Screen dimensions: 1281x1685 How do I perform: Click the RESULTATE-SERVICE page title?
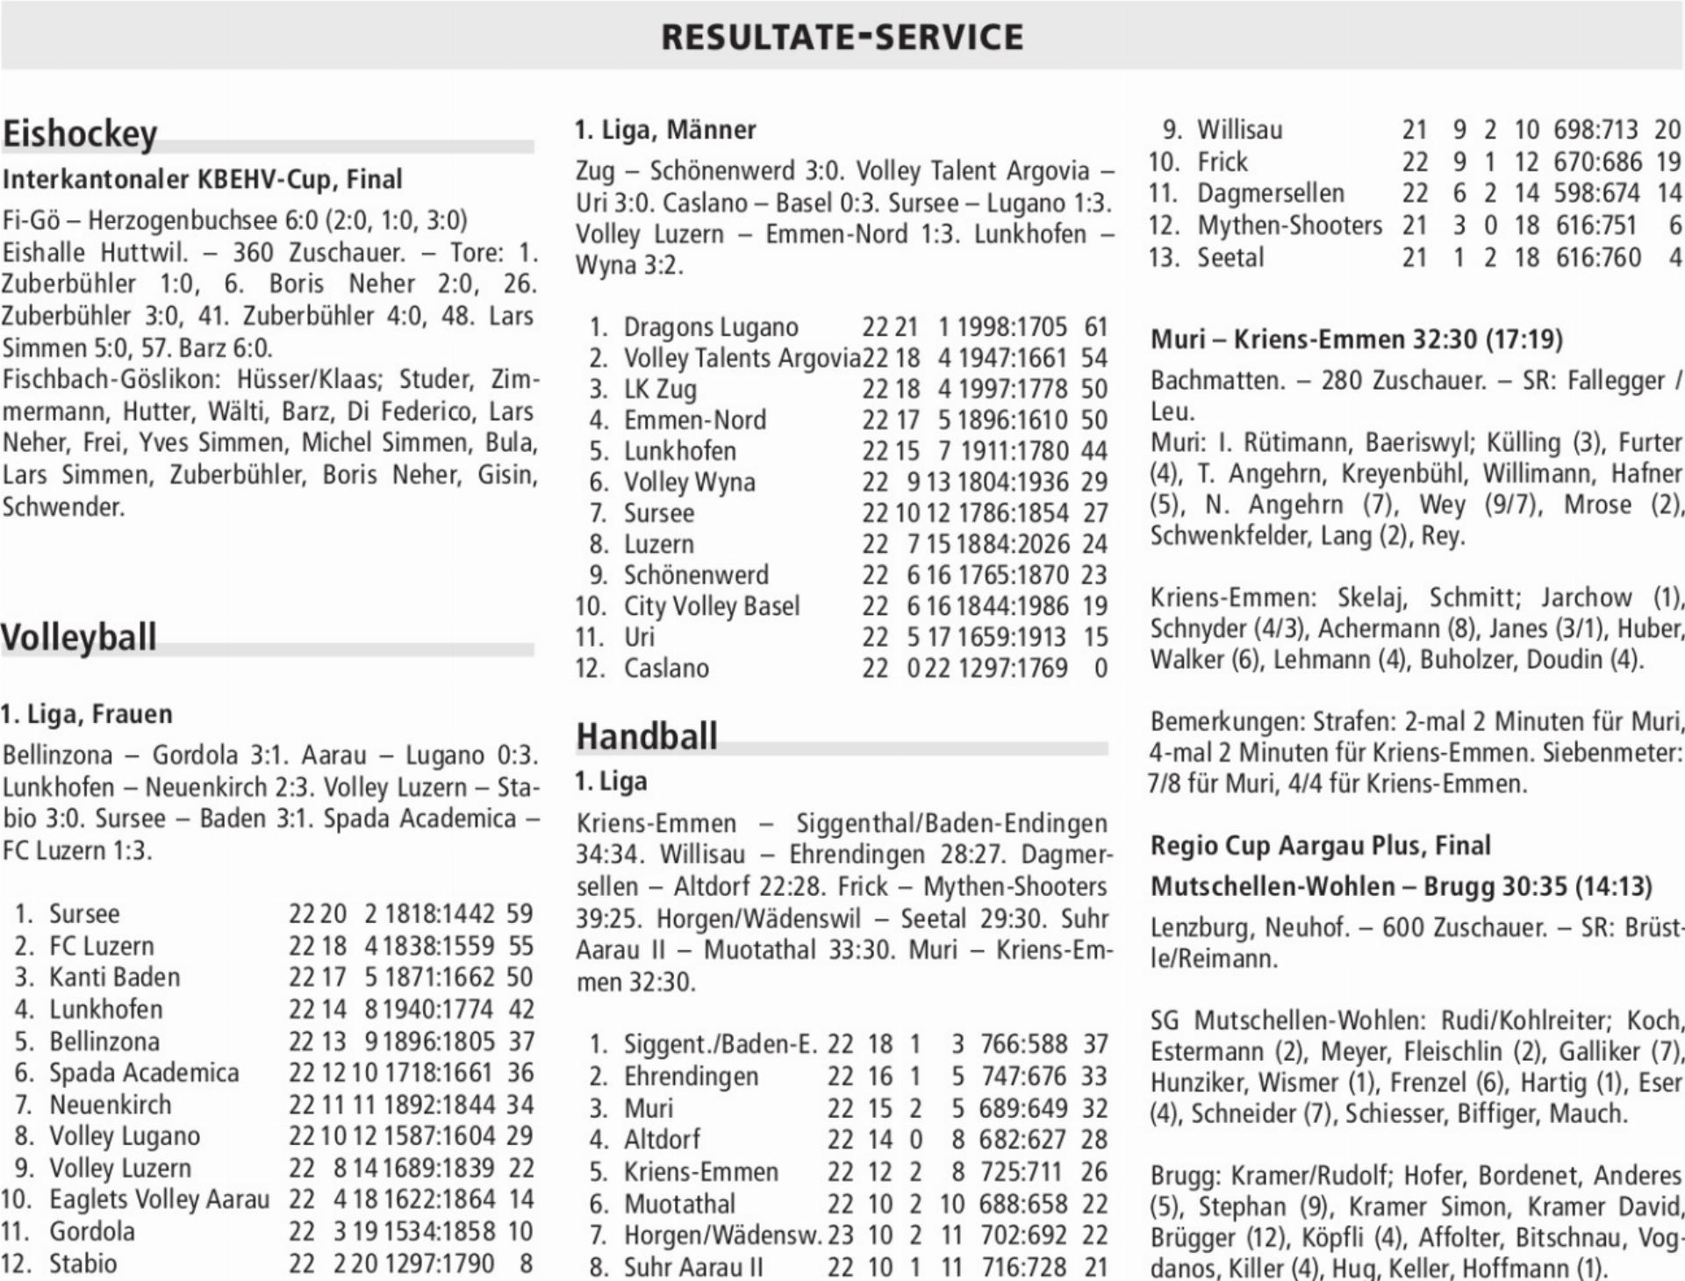842,37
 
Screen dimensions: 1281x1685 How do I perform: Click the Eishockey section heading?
80,134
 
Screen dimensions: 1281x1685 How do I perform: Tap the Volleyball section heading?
79,637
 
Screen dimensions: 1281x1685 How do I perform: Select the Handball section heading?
647,736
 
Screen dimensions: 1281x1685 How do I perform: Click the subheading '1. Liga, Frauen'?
86,714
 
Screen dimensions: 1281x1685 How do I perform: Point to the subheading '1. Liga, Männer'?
665,130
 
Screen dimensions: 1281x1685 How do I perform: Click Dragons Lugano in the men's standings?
710,327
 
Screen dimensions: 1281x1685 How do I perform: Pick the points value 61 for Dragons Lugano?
1095,327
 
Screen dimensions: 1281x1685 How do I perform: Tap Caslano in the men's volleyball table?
665,669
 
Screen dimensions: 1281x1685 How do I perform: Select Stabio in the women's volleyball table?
82,1263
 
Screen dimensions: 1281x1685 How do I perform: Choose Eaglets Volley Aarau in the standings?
159,1199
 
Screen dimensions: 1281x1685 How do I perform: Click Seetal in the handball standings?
1230,258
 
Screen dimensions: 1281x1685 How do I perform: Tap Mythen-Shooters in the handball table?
1289,225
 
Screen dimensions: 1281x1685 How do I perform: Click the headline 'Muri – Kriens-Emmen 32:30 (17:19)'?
1357,340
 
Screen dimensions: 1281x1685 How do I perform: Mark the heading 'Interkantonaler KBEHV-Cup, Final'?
202,179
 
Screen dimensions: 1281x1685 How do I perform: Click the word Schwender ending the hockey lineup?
62,507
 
